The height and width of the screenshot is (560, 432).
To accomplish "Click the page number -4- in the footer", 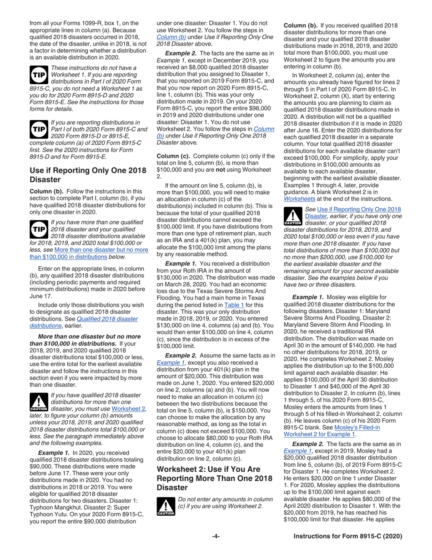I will (216, 536).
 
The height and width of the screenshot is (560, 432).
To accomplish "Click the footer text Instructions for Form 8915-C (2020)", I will (348, 536).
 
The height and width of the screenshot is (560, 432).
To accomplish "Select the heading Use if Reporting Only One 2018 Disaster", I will (88, 175).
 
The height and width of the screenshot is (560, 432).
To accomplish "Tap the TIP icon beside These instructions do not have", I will (39, 73).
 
